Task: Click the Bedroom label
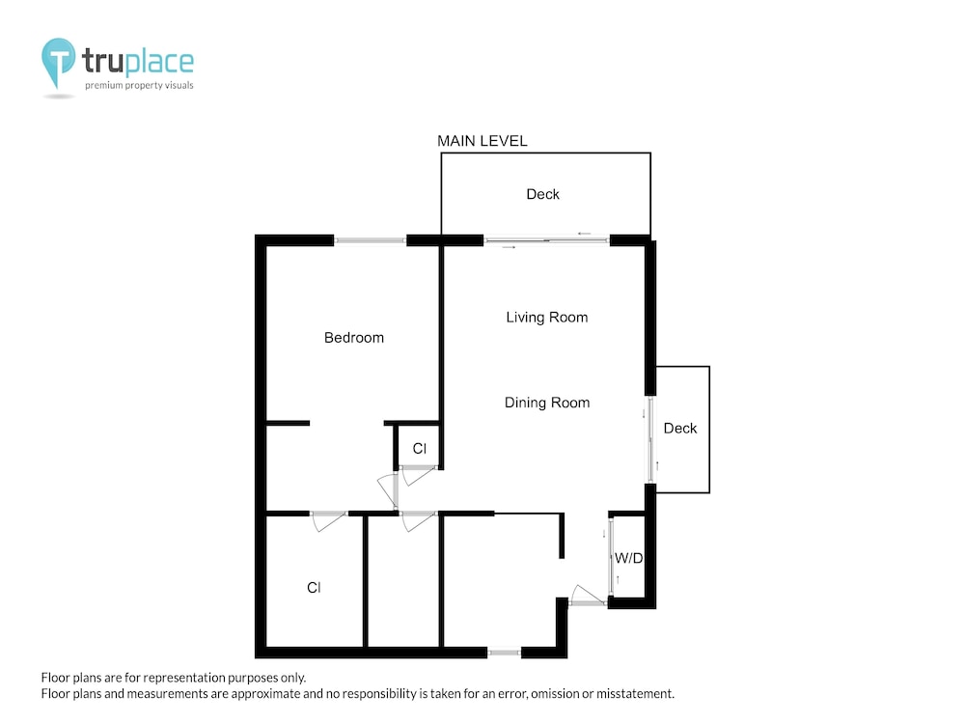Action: click(x=354, y=337)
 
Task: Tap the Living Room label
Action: click(x=546, y=318)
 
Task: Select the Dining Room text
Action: click(x=547, y=403)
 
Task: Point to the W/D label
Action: click(x=628, y=558)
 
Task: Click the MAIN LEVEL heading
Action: click(x=482, y=141)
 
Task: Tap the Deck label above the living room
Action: click(x=542, y=195)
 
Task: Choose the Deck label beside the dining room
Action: click(x=680, y=429)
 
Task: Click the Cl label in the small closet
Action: click(x=419, y=449)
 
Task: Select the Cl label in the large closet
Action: click(x=314, y=588)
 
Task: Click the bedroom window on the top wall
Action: click(x=370, y=240)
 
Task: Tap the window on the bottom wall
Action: click(x=504, y=652)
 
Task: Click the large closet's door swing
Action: click(x=329, y=521)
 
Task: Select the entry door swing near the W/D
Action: click(x=587, y=595)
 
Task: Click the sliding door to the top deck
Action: click(x=546, y=240)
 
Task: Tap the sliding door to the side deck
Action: click(x=650, y=439)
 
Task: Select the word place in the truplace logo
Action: click(x=159, y=63)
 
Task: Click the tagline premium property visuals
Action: click(x=139, y=86)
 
